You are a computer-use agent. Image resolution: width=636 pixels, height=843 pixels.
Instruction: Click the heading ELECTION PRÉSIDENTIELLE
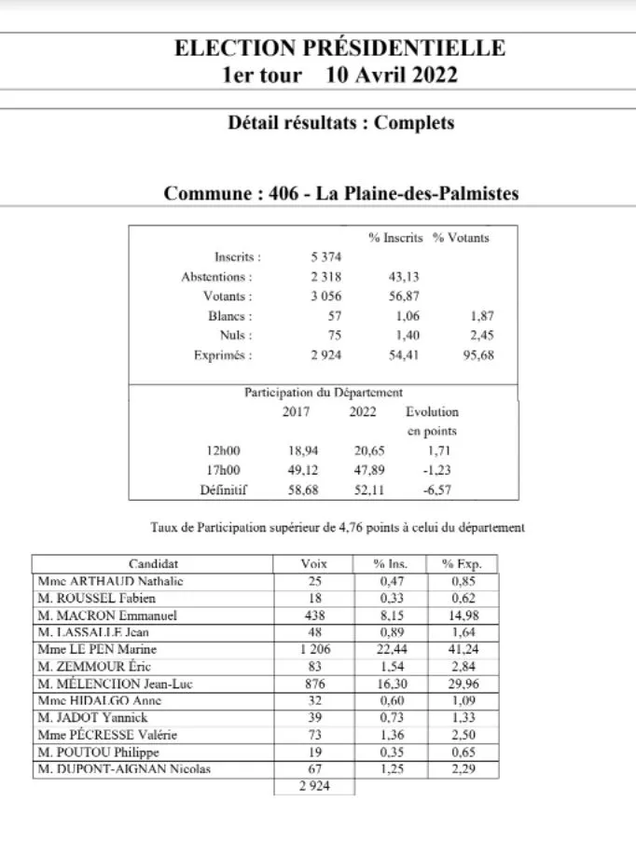pyautogui.click(x=339, y=48)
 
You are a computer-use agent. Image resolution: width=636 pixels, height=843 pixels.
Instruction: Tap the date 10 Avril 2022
pyautogui.click(x=392, y=76)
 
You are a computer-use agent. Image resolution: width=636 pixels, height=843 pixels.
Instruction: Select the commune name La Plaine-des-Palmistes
pyautogui.click(x=417, y=194)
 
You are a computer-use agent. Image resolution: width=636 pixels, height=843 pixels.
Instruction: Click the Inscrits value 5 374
pyautogui.click(x=325, y=256)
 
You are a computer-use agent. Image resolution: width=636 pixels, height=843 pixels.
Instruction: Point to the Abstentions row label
pyautogui.click(x=216, y=276)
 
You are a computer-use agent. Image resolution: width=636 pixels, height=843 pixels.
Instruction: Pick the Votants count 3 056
pyautogui.click(x=325, y=296)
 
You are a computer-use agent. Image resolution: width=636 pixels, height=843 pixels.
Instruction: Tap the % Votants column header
pyautogui.click(x=461, y=237)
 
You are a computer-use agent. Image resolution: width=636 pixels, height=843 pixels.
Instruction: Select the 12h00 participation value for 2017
pyautogui.click(x=303, y=450)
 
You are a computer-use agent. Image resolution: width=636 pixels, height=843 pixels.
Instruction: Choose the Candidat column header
pyautogui.click(x=153, y=564)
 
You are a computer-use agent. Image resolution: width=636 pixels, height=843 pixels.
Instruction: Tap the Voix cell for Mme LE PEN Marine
pyautogui.click(x=314, y=649)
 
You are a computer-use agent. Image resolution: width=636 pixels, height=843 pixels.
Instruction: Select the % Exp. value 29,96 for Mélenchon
pyautogui.click(x=463, y=684)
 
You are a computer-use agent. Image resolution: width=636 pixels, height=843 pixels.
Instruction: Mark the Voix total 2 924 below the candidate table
pyautogui.click(x=314, y=786)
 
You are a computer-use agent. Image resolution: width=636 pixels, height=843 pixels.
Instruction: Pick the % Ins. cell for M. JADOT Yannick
pyautogui.click(x=391, y=717)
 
